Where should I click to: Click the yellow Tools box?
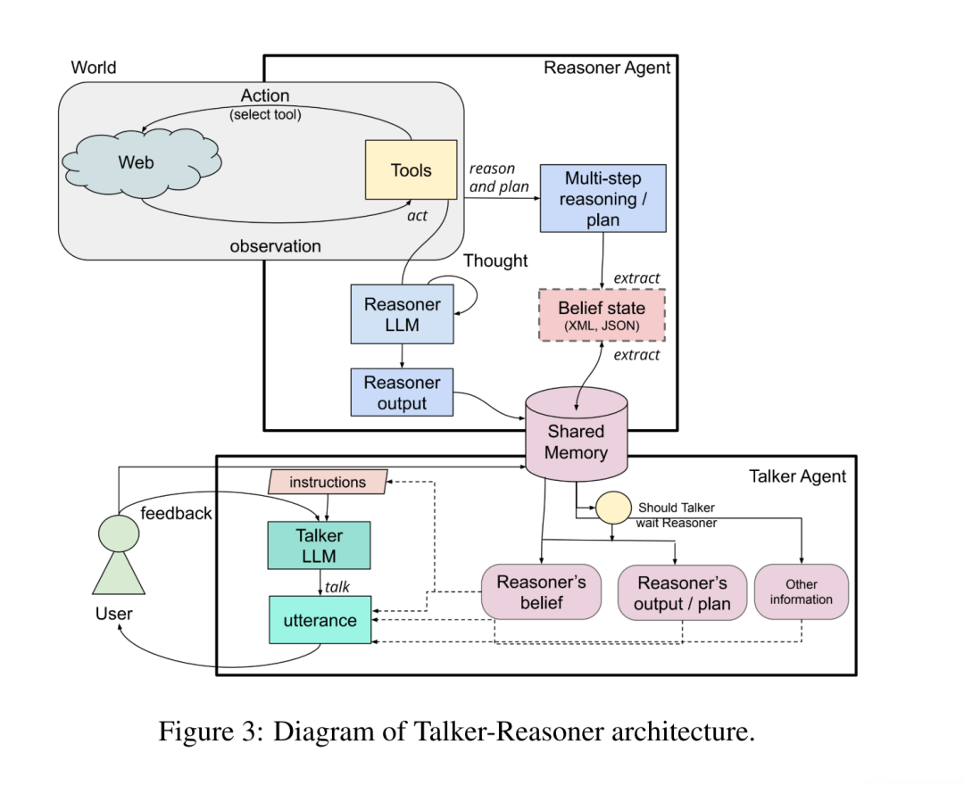411,169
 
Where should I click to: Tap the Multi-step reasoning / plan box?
602,198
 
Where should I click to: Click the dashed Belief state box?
602,315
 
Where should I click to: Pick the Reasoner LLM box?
402,315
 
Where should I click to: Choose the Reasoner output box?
402,392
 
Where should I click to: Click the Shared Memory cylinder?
576,437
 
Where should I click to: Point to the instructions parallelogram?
328,482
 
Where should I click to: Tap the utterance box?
320,620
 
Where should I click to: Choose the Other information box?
801,591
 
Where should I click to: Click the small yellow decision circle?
612,508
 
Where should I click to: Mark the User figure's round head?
119,533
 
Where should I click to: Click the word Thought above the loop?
495,260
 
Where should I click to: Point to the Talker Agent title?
797,476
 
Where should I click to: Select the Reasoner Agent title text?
607,68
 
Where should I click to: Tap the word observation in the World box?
275,246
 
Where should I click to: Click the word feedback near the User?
176,513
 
